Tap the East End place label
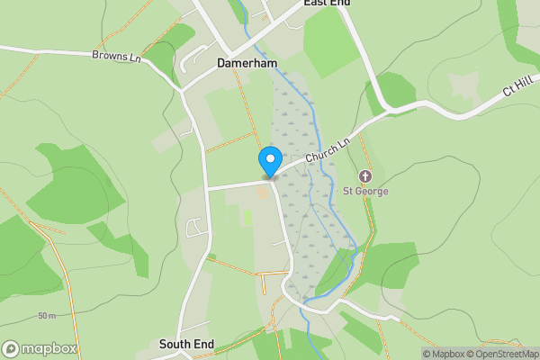click(x=327, y=4)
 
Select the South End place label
click(x=186, y=344)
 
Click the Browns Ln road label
click(x=117, y=56)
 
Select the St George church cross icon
click(x=365, y=175)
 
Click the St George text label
click(x=365, y=191)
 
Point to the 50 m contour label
click(x=47, y=316)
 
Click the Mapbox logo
click(x=40, y=349)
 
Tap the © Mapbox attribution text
click(x=444, y=354)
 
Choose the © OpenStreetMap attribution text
click(x=502, y=354)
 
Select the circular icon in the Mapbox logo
click(x=11, y=349)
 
